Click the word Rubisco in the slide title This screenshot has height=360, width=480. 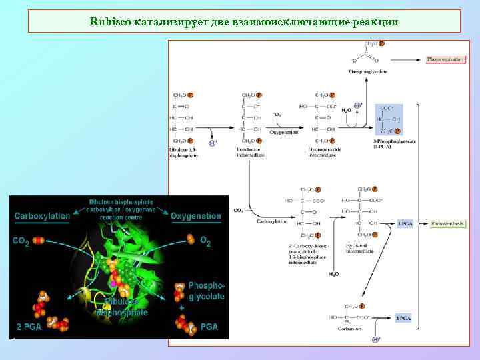(110, 21)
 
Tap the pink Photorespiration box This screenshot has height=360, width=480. (445, 59)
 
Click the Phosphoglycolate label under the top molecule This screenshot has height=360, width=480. (368, 71)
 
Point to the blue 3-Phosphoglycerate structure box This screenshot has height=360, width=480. (389, 119)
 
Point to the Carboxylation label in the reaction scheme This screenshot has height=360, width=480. (273, 221)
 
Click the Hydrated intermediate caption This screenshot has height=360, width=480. (360, 248)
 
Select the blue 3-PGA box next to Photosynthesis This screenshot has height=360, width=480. (405, 223)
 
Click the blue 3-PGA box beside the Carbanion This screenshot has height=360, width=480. (402, 319)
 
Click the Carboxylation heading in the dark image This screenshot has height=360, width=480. (43, 216)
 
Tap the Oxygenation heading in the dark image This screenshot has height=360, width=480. (196, 216)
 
